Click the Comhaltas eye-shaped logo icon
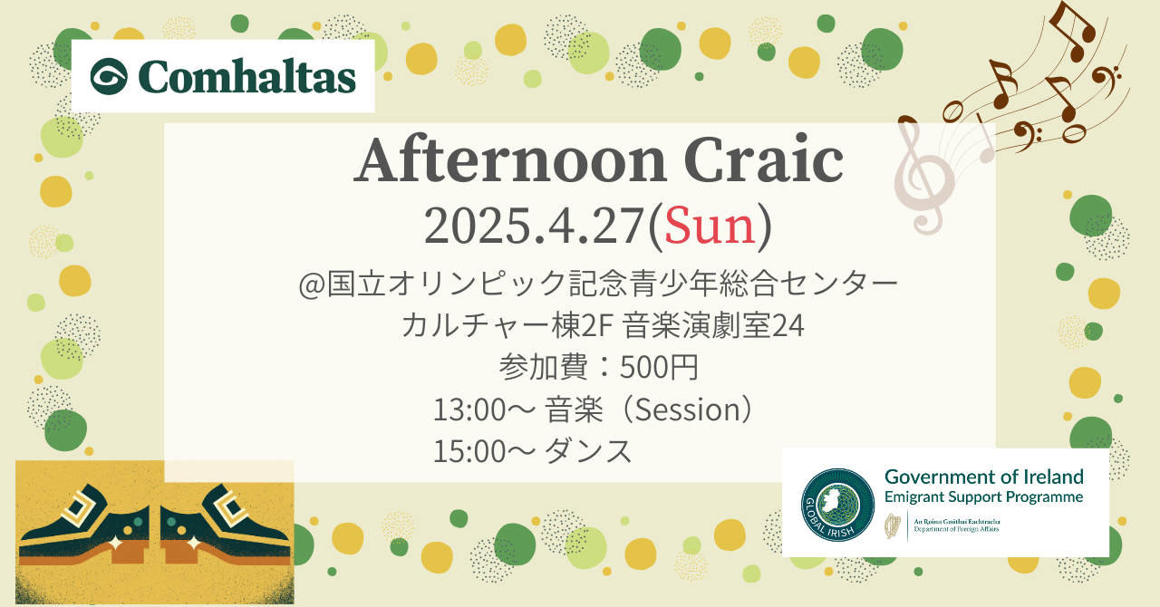(x=109, y=76)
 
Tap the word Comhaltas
(x=247, y=77)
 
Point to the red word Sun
(x=710, y=226)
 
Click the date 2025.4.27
(x=534, y=226)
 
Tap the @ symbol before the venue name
(x=313, y=284)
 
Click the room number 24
(x=788, y=326)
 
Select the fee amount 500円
(x=659, y=367)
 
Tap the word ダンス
(x=588, y=451)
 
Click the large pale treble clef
(x=923, y=176)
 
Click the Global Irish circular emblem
(x=837, y=505)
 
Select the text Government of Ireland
(x=984, y=477)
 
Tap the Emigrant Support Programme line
(x=984, y=497)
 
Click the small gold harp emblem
(x=893, y=525)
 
